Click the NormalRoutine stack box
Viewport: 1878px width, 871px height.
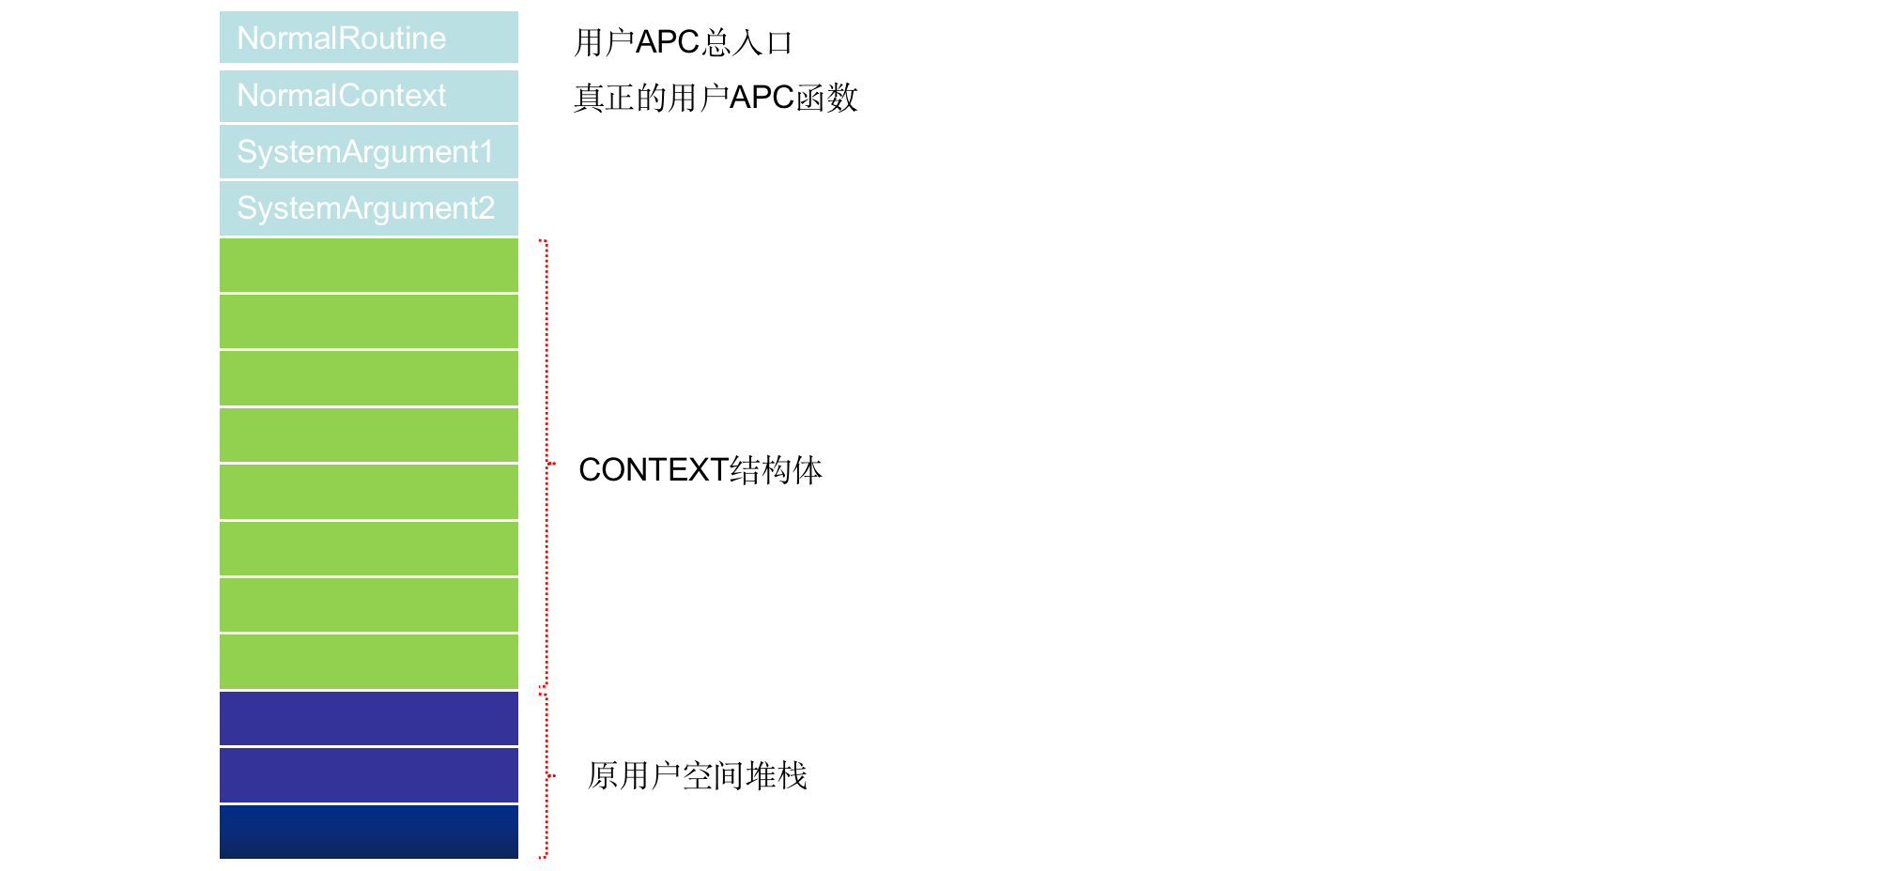click(x=369, y=38)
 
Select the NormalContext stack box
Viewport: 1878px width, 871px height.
click(x=369, y=96)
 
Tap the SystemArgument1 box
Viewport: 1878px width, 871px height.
click(x=369, y=152)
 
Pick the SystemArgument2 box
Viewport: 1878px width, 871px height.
click(x=369, y=208)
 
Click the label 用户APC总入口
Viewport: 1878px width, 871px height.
click(x=684, y=42)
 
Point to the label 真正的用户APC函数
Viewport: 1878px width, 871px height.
click(x=716, y=98)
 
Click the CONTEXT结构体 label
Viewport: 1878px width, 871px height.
click(x=700, y=469)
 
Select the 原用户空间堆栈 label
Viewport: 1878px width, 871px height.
click(x=697, y=775)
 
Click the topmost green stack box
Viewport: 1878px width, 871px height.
click(x=369, y=266)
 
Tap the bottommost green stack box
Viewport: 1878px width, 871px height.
click(x=369, y=662)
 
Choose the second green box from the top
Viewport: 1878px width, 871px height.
click(x=369, y=322)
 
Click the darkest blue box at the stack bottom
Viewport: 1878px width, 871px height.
click(x=369, y=832)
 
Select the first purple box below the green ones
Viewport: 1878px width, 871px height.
click(x=369, y=718)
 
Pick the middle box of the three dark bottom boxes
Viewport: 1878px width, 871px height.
click(x=369, y=775)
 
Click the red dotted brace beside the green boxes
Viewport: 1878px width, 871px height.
click(x=546, y=464)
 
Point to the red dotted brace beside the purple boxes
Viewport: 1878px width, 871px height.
click(x=546, y=776)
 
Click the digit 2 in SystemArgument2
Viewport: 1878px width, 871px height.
click(x=485, y=207)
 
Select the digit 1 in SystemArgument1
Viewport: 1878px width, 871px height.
click(x=485, y=151)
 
